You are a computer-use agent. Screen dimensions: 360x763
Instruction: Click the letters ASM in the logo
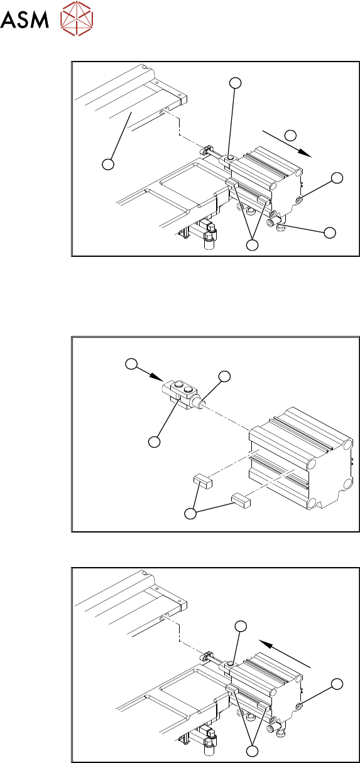[25, 19]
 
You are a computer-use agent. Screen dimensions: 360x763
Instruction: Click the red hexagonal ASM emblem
[77, 18]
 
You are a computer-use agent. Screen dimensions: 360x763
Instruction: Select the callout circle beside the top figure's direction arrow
[290, 135]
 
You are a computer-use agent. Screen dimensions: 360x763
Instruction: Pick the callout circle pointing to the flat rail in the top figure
[108, 164]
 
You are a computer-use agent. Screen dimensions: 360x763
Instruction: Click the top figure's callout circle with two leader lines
[253, 245]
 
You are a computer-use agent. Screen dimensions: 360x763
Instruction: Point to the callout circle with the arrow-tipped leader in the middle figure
[131, 364]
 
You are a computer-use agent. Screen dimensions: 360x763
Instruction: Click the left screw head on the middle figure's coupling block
[178, 385]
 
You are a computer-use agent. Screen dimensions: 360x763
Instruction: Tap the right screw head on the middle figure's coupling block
[187, 389]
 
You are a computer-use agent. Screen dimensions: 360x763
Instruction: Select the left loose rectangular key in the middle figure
[203, 482]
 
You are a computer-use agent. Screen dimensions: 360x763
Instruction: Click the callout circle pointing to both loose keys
[190, 513]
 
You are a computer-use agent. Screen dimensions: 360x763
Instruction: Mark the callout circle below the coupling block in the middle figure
[154, 442]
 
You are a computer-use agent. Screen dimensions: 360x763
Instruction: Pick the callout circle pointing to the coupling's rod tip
[224, 376]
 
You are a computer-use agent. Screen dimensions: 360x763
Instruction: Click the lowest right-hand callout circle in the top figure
[330, 232]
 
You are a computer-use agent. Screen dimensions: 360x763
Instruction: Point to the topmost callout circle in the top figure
[236, 83]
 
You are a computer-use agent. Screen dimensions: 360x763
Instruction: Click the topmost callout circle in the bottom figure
[241, 625]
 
